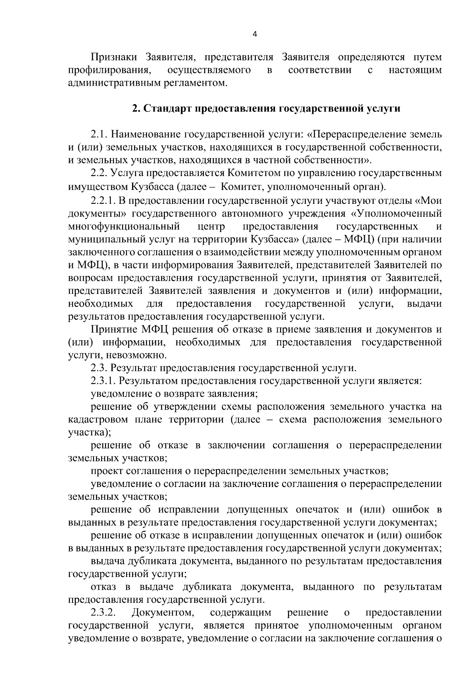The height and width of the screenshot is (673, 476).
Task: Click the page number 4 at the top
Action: [255, 35]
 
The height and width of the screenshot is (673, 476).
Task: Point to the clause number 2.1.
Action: [100, 134]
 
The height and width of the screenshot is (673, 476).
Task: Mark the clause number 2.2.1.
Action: [104, 201]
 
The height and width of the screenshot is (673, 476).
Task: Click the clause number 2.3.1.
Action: [104, 381]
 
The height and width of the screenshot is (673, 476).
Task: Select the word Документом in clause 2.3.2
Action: [163, 613]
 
